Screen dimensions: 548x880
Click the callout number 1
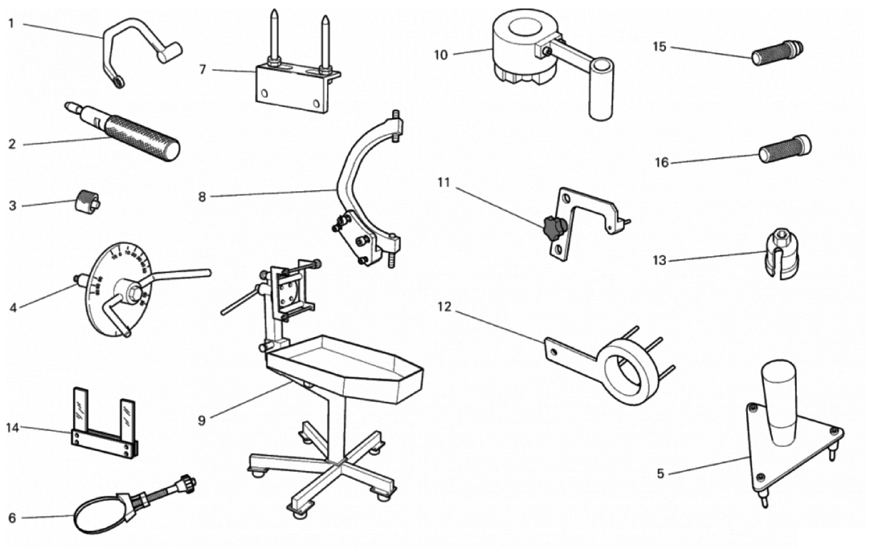(11, 24)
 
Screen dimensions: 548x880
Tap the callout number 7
(202, 69)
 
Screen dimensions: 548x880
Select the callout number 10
(441, 55)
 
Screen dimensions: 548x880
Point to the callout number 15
(659, 47)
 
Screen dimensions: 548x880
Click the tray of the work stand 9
(345, 366)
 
